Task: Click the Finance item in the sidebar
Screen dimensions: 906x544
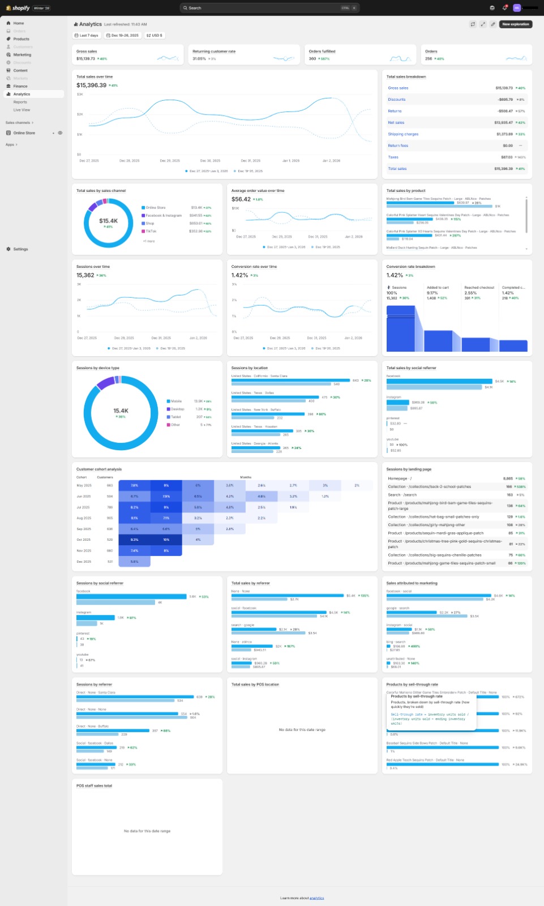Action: coord(20,86)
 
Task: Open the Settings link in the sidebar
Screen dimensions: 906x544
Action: coord(20,249)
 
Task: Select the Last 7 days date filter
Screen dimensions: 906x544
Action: coord(87,35)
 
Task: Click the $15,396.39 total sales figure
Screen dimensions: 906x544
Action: coord(92,86)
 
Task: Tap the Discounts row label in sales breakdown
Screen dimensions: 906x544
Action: coord(397,100)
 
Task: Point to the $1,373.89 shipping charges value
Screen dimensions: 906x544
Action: coord(503,134)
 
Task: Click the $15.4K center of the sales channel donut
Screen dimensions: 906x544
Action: coord(108,221)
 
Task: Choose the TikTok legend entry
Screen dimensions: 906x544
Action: coord(151,231)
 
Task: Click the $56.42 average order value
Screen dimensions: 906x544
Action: coord(241,199)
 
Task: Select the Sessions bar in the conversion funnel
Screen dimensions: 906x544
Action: coord(401,328)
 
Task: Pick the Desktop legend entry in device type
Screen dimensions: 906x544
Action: coord(177,409)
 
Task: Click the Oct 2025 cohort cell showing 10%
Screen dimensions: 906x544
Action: coord(166,540)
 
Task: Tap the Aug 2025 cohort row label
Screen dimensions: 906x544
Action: coord(84,518)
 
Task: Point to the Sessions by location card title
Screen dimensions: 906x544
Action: coord(250,368)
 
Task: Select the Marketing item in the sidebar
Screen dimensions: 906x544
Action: coord(22,55)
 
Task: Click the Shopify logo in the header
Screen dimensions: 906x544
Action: coord(18,8)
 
